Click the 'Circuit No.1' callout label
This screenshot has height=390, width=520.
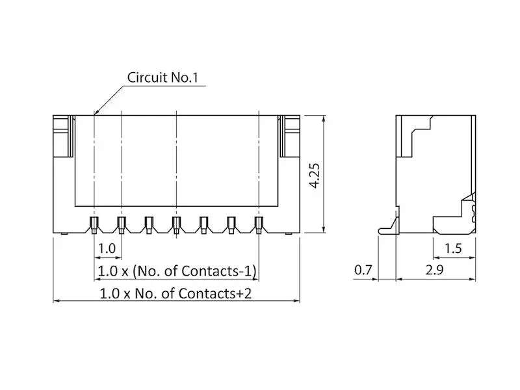click(x=162, y=77)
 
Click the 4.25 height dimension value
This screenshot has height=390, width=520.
click(x=315, y=175)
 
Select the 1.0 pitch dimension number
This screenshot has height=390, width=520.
click(x=107, y=248)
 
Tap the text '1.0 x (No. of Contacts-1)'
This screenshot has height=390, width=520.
click(x=177, y=271)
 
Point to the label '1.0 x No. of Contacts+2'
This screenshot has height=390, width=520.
click(x=175, y=294)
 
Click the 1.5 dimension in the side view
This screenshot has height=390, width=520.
click(x=453, y=248)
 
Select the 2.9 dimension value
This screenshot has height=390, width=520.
click(x=435, y=270)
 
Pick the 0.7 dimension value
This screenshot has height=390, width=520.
click(x=363, y=270)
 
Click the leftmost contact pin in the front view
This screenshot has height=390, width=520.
click(x=94, y=225)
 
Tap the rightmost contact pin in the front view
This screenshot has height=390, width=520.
click(x=259, y=225)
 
